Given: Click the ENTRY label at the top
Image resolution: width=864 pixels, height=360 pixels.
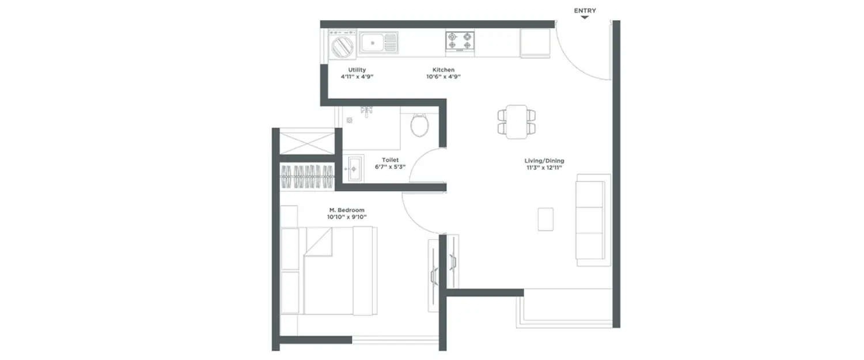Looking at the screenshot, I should pos(585,10).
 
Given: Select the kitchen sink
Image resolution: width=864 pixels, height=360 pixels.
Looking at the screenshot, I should pos(378,43).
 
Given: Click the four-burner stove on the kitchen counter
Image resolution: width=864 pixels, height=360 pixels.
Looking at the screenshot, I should pos(460,41).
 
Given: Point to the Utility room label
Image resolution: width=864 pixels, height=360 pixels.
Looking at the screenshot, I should pos(357,70).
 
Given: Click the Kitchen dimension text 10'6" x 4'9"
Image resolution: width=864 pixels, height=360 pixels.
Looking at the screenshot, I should pos(440,77).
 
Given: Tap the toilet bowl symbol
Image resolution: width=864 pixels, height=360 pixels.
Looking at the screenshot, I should pos(419,124).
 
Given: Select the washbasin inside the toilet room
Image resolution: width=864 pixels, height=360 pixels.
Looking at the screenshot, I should pos(352,168).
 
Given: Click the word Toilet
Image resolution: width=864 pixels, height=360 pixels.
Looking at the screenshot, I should pos(390,160).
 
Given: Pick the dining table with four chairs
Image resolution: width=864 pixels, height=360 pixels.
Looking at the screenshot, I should pos(517,122).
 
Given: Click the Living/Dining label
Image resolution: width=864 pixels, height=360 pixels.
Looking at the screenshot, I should pos(544,161).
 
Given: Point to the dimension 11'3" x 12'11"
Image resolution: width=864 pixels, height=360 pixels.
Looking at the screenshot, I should pos(544,168).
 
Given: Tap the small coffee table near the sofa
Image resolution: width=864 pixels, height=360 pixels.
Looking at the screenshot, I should pos(545,219).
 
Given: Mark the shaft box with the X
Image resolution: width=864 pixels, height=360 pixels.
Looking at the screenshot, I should pos(307,143).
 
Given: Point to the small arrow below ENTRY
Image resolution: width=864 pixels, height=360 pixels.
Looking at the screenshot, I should pos(585,18).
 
